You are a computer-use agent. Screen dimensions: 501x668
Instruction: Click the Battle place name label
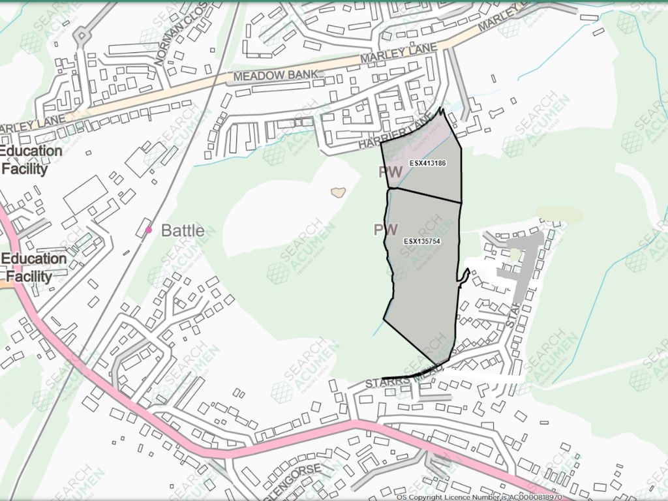coord(183,230)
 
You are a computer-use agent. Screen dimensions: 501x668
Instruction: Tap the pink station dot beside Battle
coord(149,230)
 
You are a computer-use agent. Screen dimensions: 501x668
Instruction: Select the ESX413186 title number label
coord(427,162)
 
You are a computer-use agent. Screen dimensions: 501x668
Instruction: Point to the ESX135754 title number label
coord(422,241)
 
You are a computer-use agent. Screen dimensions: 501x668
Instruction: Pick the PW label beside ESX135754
coord(386,230)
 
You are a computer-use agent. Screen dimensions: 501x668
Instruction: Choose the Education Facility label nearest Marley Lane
coord(31,160)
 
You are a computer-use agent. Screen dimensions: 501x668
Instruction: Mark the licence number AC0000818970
coord(534,497)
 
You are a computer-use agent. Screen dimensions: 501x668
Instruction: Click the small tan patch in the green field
coord(337,192)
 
